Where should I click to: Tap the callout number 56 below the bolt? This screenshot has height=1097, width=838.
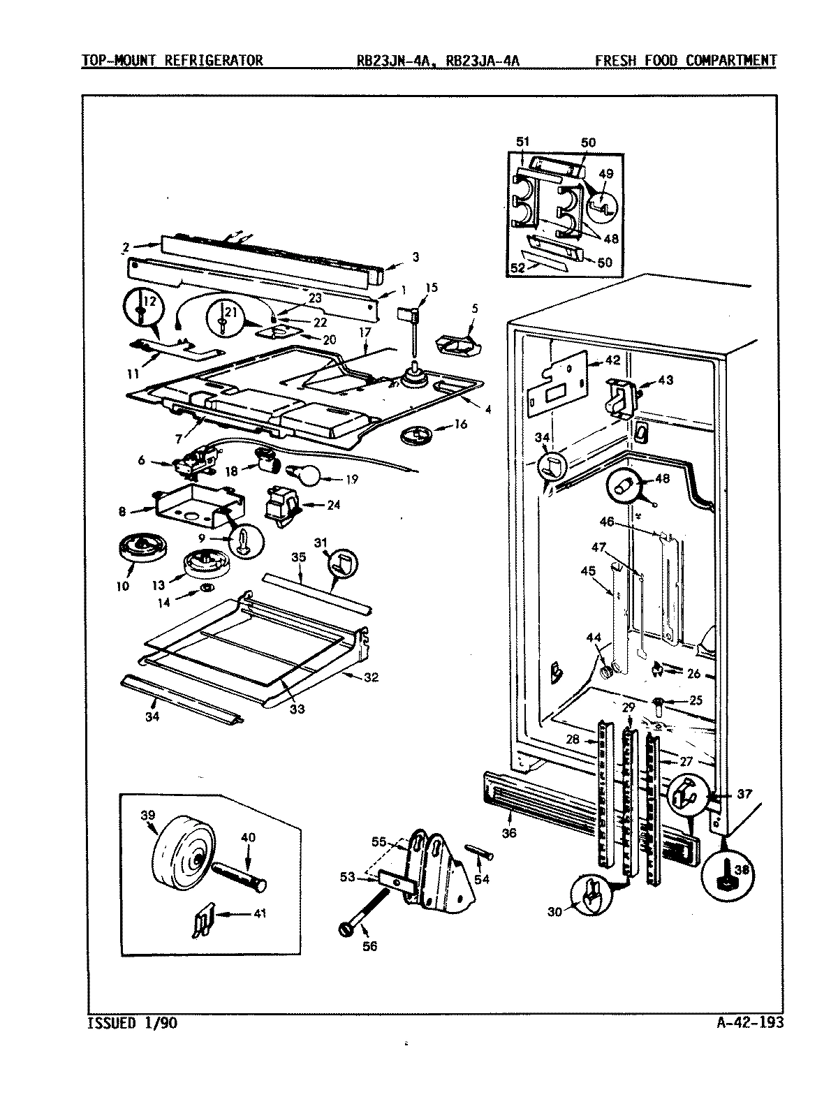click(371, 947)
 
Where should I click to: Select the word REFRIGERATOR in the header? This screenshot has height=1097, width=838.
click(214, 61)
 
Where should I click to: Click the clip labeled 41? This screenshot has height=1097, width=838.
click(202, 922)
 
